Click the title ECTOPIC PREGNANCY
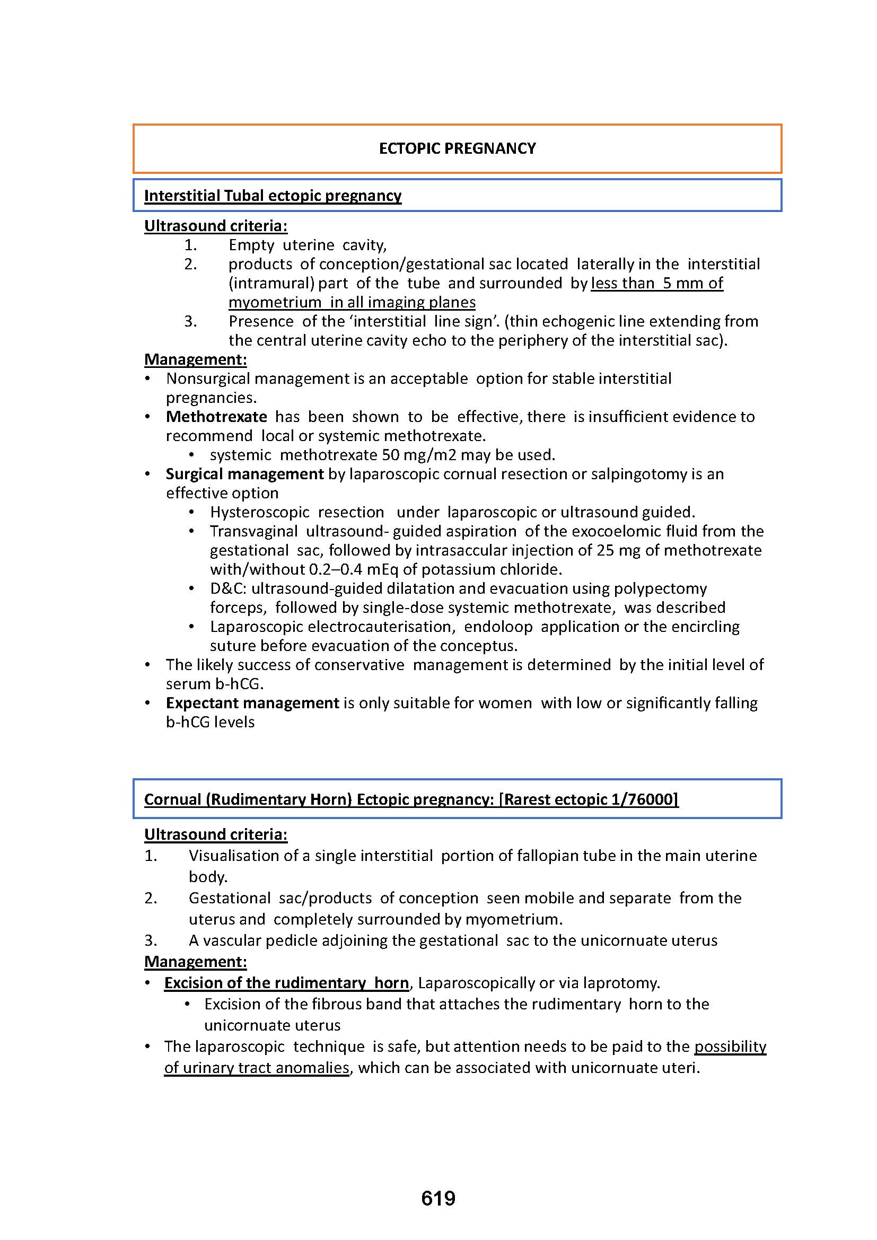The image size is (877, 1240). click(457, 148)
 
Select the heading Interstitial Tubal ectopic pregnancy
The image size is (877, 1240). click(273, 196)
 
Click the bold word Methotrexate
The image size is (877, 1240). click(216, 416)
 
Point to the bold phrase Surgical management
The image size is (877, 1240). click(244, 473)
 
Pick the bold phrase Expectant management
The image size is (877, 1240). click(252, 702)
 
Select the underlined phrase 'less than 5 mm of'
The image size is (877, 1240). click(656, 283)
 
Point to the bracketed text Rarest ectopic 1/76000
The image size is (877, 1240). click(589, 799)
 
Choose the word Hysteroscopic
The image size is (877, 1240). click(260, 512)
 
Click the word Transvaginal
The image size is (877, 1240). click(254, 531)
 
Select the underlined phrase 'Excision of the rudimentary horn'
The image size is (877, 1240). click(286, 982)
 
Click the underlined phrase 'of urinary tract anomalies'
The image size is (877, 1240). click(257, 1068)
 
